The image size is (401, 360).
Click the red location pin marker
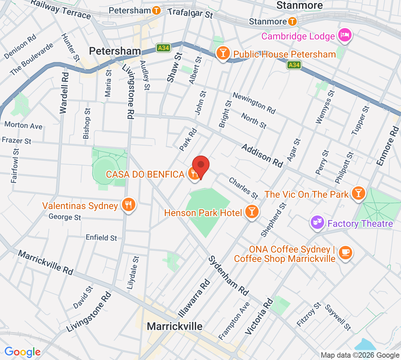click(201, 165)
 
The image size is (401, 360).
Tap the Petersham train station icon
click(156, 11)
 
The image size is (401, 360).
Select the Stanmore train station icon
click(292, 22)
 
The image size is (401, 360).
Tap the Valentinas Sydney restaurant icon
click(129, 204)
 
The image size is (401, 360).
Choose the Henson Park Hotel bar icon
click(252, 212)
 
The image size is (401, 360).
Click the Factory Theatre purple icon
click(317, 222)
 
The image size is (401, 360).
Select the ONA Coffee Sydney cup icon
click(345, 253)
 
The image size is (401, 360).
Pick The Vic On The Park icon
click(358, 193)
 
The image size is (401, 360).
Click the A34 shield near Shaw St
click(163, 48)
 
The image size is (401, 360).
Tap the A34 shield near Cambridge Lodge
click(294, 65)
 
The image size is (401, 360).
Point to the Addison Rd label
click(262, 156)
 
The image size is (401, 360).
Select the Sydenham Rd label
click(229, 276)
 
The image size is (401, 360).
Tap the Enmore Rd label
click(388, 146)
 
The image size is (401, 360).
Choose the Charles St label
click(243, 188)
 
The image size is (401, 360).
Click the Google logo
click(22, 352)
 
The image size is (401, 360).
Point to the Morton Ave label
click(23, 125)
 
